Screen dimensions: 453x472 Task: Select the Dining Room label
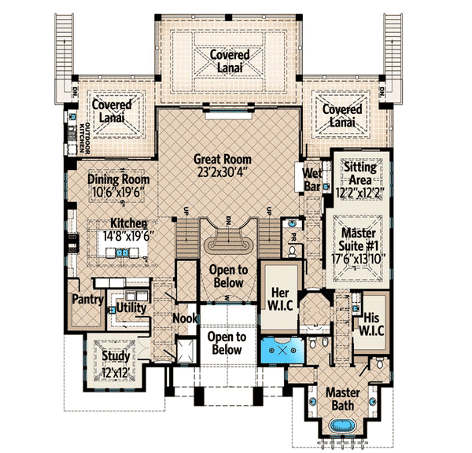pos(119,179)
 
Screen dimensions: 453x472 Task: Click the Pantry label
pos(84,300)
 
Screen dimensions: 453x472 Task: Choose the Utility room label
pos(131,307)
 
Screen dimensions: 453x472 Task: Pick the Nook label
pos(184,319)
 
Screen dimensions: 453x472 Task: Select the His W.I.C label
pos(373,323)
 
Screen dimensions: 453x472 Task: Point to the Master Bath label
pos(341,399)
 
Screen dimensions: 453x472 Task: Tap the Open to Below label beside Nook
pos(227,343)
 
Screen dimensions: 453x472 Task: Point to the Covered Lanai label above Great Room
pos(229,61)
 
